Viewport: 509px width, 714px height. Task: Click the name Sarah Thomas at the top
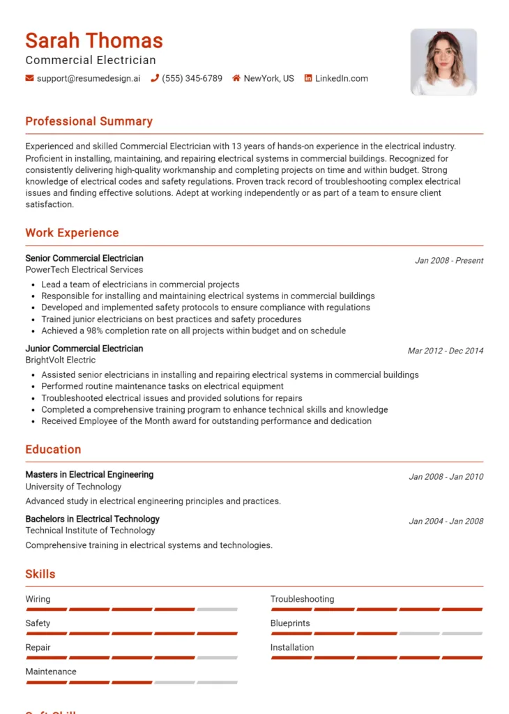pos(94,40)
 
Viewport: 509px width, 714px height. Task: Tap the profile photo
pos(443,61)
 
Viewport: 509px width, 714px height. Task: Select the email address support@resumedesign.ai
pos(88,79)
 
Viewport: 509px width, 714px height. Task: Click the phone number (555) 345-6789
pos(192,79)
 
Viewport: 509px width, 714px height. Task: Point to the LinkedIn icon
pos(308,79)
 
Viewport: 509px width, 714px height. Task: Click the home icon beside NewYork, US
pos(236,79)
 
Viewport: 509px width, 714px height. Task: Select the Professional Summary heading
pos(89,121)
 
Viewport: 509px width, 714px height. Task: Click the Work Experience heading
pos(72,233)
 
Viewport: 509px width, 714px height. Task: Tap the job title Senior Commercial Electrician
pos(84,258)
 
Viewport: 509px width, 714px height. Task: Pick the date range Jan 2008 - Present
pos(449,261)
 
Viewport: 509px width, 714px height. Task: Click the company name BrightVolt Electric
pos(61,360)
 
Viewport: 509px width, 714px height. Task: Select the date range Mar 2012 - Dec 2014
pos(446,351)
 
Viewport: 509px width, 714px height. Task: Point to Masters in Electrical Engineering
pos(89,474)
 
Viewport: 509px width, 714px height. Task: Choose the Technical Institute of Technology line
pos(90,531)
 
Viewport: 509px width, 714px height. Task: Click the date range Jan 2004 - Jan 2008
pos(446,521)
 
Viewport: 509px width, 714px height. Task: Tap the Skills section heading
pos(40,575)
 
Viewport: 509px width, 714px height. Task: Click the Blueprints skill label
pos(290,623)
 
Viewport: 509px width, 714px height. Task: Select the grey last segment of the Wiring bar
pos(217,609)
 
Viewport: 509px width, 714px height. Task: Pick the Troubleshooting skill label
pos(302,599)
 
